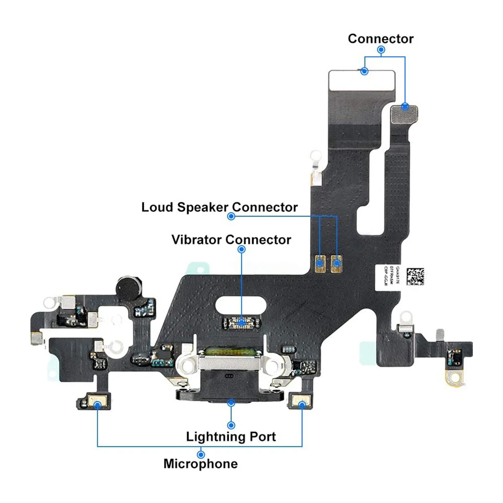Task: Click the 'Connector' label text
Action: pyautogui.click(x=381, y=39)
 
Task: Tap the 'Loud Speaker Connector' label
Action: pyautogui.click(x=219, y=207)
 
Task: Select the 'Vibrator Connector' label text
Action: pyautogui.click(x=231, y=239)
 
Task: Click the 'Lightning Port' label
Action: pyautogui.click(x=231, y=436)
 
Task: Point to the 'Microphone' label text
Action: pyautogui.click(x=200, y=463)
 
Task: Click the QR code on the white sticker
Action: pyautogui.click(x=415, y=276)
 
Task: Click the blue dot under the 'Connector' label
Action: pyautogui.click(x=381, y=50)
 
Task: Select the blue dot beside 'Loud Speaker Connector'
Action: pyautogui.click(x=231, y=216)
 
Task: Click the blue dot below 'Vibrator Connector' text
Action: pyautogui.click(x=241, y=249)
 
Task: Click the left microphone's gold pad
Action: pyautogui.click(x=97, y=402)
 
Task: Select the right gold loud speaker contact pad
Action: pyautogui.click(x=336, y=262)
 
